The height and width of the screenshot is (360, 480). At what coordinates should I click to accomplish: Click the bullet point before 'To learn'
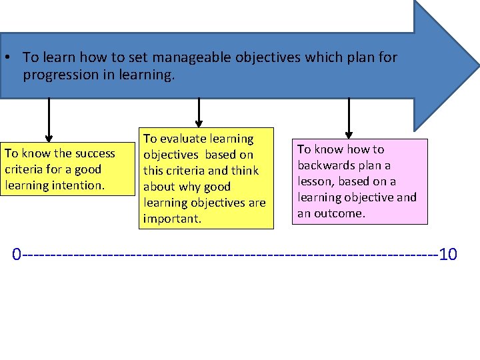click(x=5, y=57)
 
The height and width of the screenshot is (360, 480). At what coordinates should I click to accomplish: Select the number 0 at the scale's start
click(x=17, y=254)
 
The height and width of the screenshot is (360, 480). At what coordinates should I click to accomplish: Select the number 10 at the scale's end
click(x=449, y=254)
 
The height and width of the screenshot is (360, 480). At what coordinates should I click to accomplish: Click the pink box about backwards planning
click(x=359, y=181)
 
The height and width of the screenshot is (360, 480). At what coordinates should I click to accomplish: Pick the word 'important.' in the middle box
click(x=172, y=219)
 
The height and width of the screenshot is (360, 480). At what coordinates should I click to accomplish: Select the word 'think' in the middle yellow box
click(x=242, y=171)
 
